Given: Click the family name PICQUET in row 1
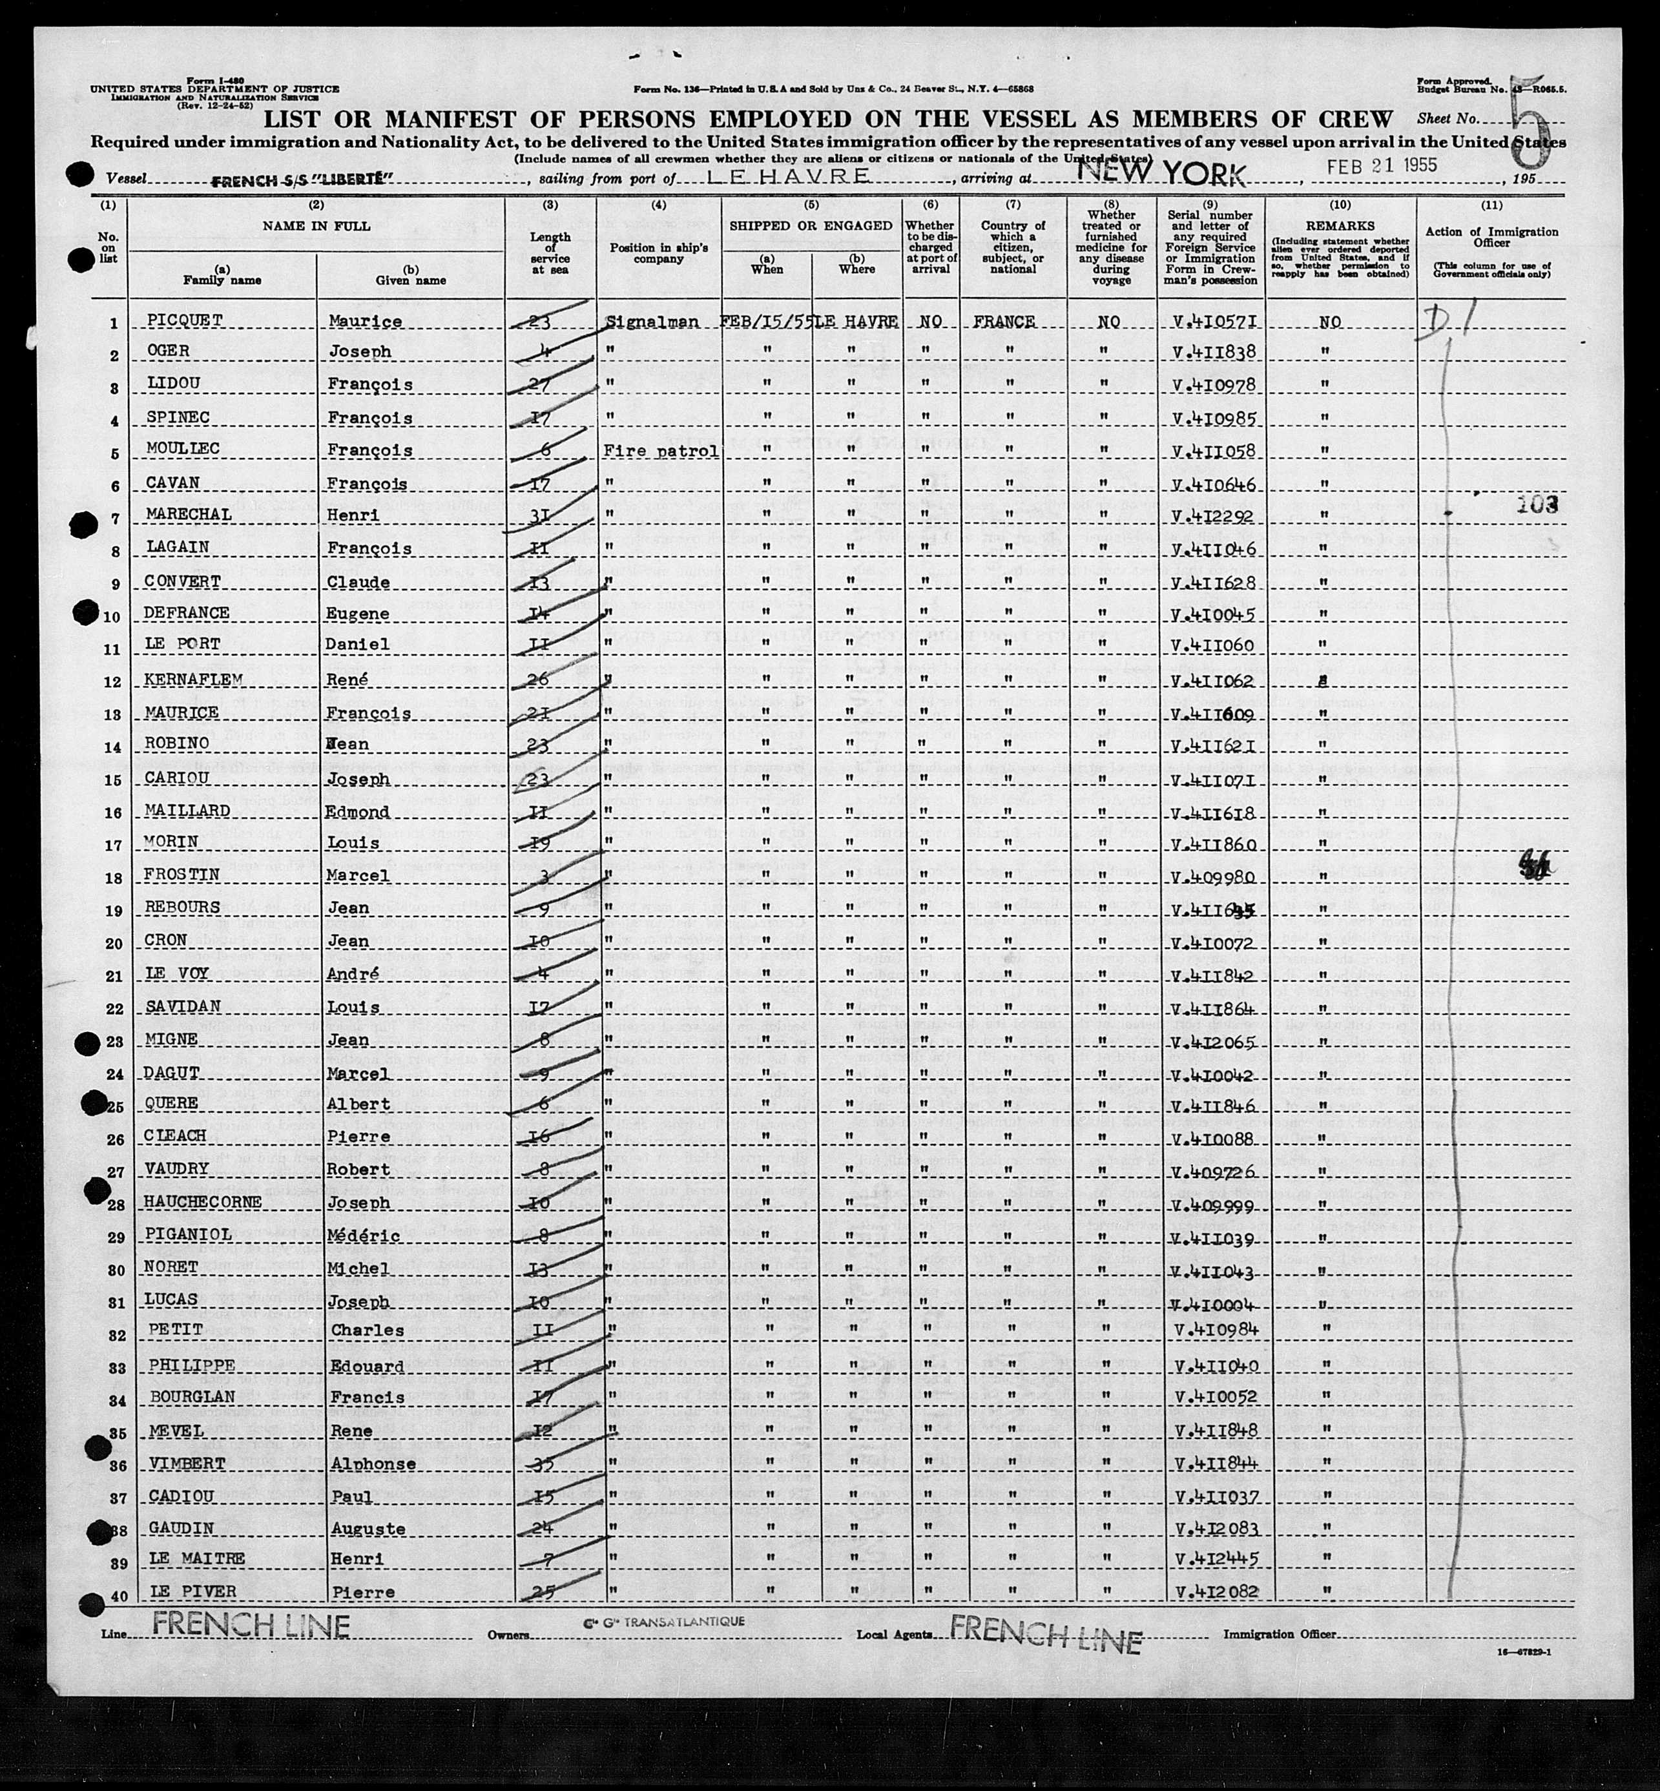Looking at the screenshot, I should pos(183,320).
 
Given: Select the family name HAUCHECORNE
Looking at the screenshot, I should pos(203,1203).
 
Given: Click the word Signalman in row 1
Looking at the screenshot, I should pos(652,322).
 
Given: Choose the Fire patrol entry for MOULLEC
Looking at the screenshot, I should pos(661,451).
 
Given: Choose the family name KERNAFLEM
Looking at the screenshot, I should pos(194,680).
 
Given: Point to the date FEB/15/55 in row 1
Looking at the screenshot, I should pos(766,322).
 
